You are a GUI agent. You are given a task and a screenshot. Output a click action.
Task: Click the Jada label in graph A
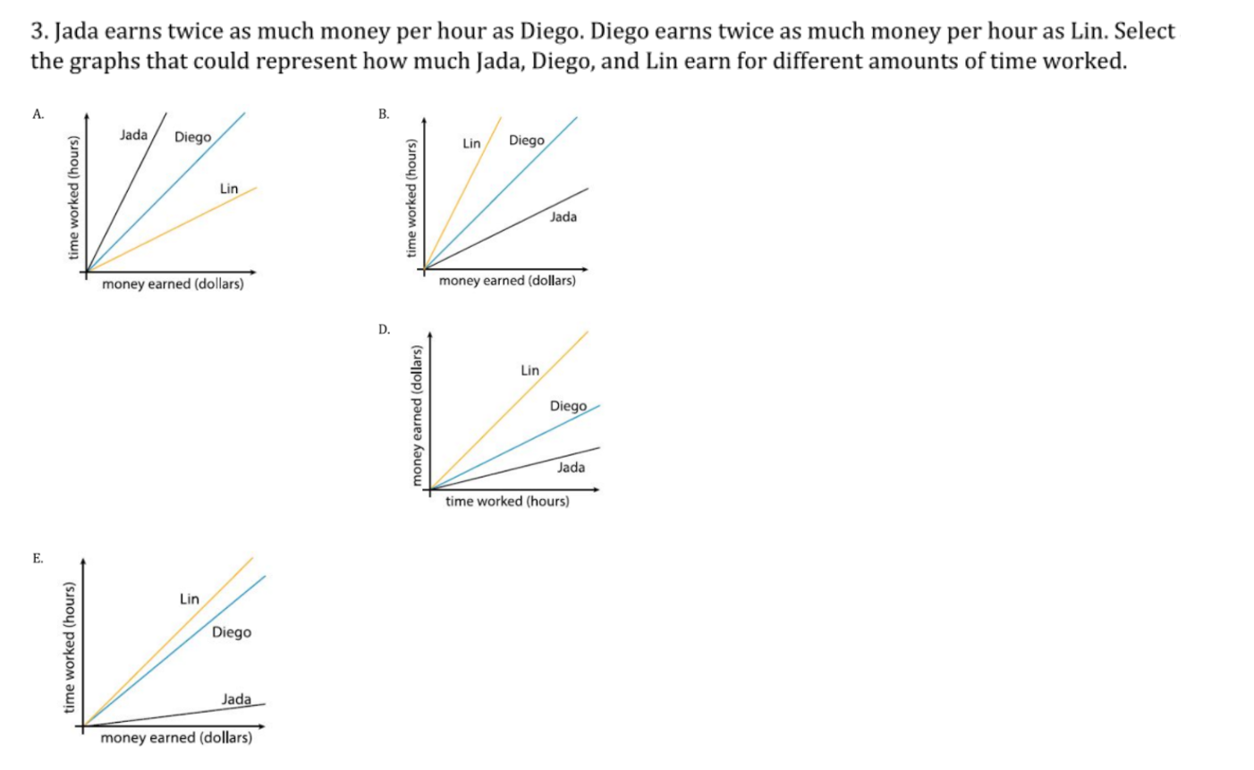[x=133, y=135]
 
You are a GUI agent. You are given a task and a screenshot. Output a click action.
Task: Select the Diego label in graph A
[x=192, y=137]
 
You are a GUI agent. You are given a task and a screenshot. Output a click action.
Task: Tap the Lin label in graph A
[x=229, y=189]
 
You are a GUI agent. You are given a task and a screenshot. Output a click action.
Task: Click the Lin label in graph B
[x=471, y=143]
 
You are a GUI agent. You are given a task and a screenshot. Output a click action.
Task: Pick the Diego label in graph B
[x=526, y=140]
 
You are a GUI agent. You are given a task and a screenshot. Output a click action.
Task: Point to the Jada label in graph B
[x=563, y=216]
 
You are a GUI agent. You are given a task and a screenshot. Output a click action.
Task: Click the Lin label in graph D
[x=530, y=369]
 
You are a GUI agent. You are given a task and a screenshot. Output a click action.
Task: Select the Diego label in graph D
[x=568, y=406]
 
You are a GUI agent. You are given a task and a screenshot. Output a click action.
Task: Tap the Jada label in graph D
[x=571, y=467]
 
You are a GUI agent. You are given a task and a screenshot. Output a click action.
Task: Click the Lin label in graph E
[x=189, y=598]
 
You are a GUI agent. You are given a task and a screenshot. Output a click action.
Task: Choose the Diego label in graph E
[x=232, y=632]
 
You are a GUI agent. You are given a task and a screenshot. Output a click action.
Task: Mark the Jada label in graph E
[x=236, y=698]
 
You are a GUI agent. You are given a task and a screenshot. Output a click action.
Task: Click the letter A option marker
[x=38, y=114]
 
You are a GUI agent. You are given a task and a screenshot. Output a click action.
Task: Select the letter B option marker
[x=383, y=114]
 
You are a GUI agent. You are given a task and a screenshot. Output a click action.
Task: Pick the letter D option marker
[x=384, y=329]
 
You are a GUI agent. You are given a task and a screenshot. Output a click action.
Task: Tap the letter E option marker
[x=38, y=558]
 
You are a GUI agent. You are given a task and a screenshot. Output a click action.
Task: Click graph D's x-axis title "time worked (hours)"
[x=507, y=501]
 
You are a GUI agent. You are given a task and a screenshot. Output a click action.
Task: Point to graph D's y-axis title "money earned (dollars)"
[x=415, y=416]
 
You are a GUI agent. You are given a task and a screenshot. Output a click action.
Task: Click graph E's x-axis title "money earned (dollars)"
[x=176, y=738]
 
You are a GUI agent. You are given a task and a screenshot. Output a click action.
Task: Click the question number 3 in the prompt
[x=38, y=32]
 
